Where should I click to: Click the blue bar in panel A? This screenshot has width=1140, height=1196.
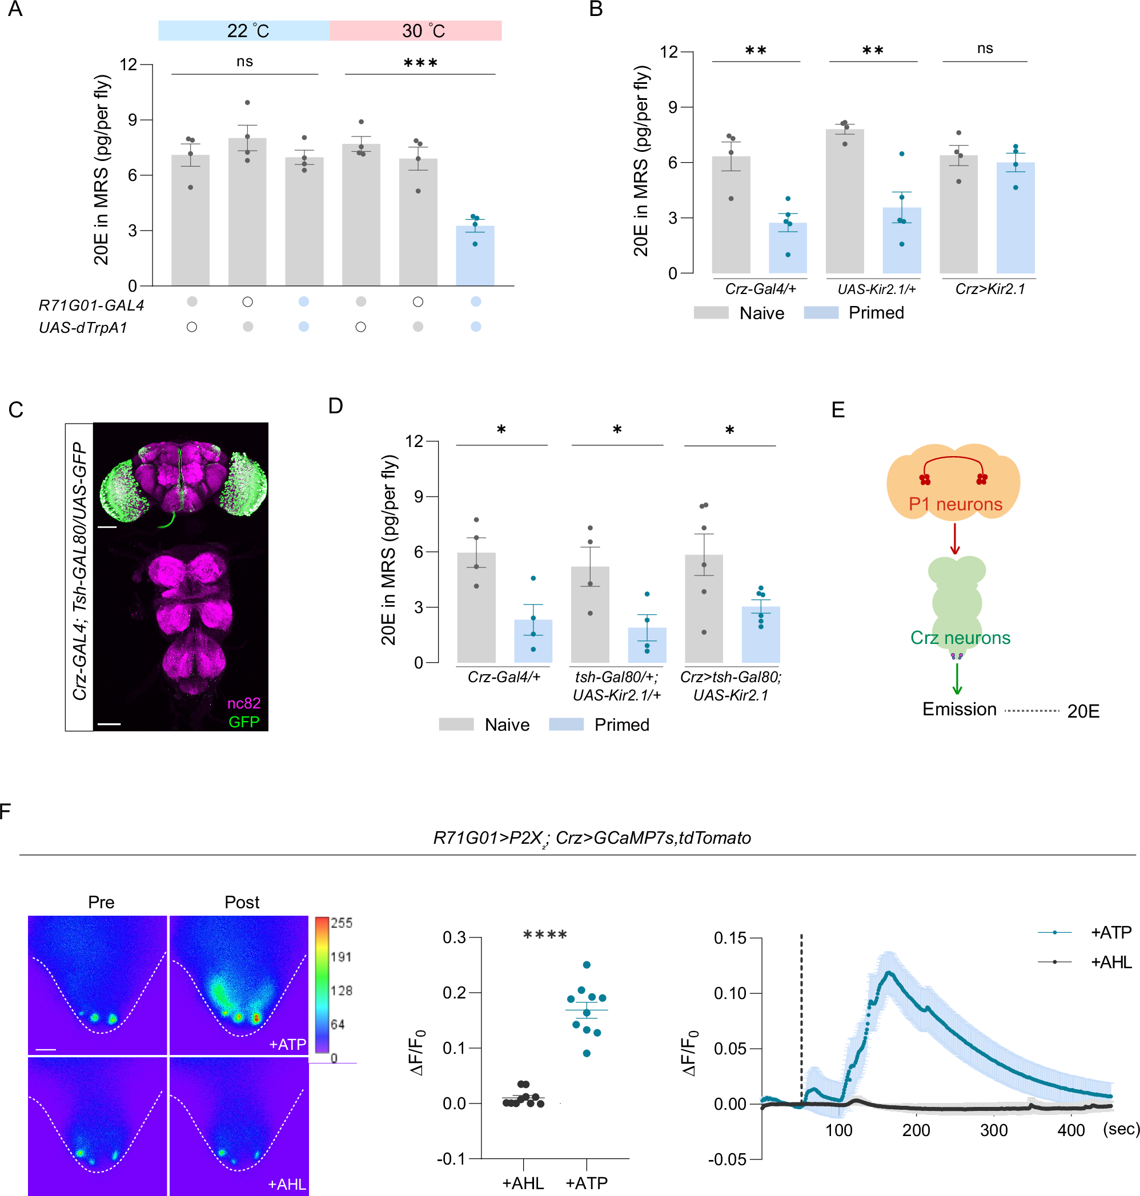475,255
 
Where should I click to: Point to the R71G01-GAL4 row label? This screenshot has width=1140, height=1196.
91,305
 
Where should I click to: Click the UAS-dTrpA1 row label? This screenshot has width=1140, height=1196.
83,327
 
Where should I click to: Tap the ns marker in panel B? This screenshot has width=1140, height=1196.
985,49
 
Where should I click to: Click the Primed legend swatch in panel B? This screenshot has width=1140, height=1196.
820,313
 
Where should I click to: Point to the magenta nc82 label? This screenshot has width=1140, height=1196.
243,703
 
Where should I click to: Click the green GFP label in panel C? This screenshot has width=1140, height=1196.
243,722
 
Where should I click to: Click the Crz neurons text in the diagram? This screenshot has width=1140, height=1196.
960,638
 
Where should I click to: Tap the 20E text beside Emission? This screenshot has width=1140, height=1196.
1083,711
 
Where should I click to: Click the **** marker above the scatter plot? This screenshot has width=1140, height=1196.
544,935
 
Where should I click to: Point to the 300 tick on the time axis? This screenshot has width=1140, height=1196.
994,1130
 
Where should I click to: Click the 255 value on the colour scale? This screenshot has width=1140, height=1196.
341,923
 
